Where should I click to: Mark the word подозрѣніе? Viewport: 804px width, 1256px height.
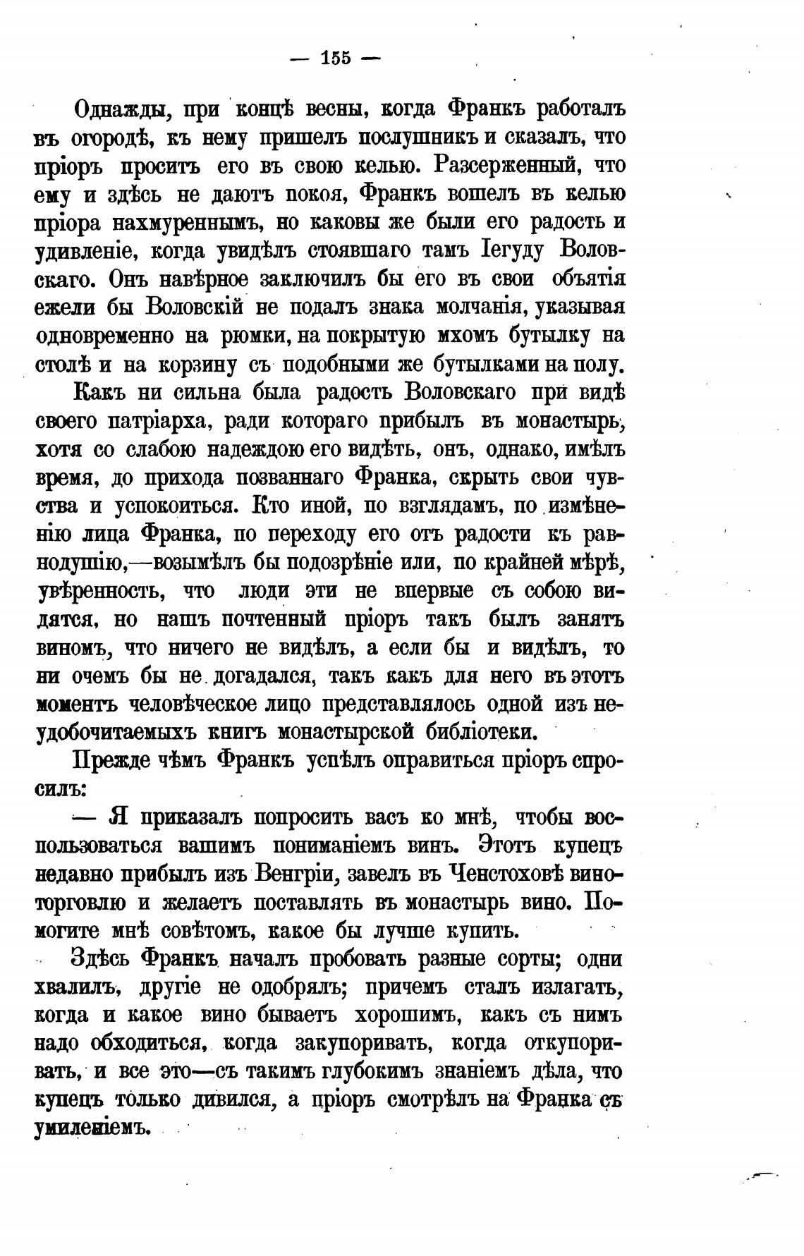tap(357, 563)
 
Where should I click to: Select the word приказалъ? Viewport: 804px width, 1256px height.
tap(190, 817)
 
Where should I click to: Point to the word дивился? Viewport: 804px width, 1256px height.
tap(237, 1100)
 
